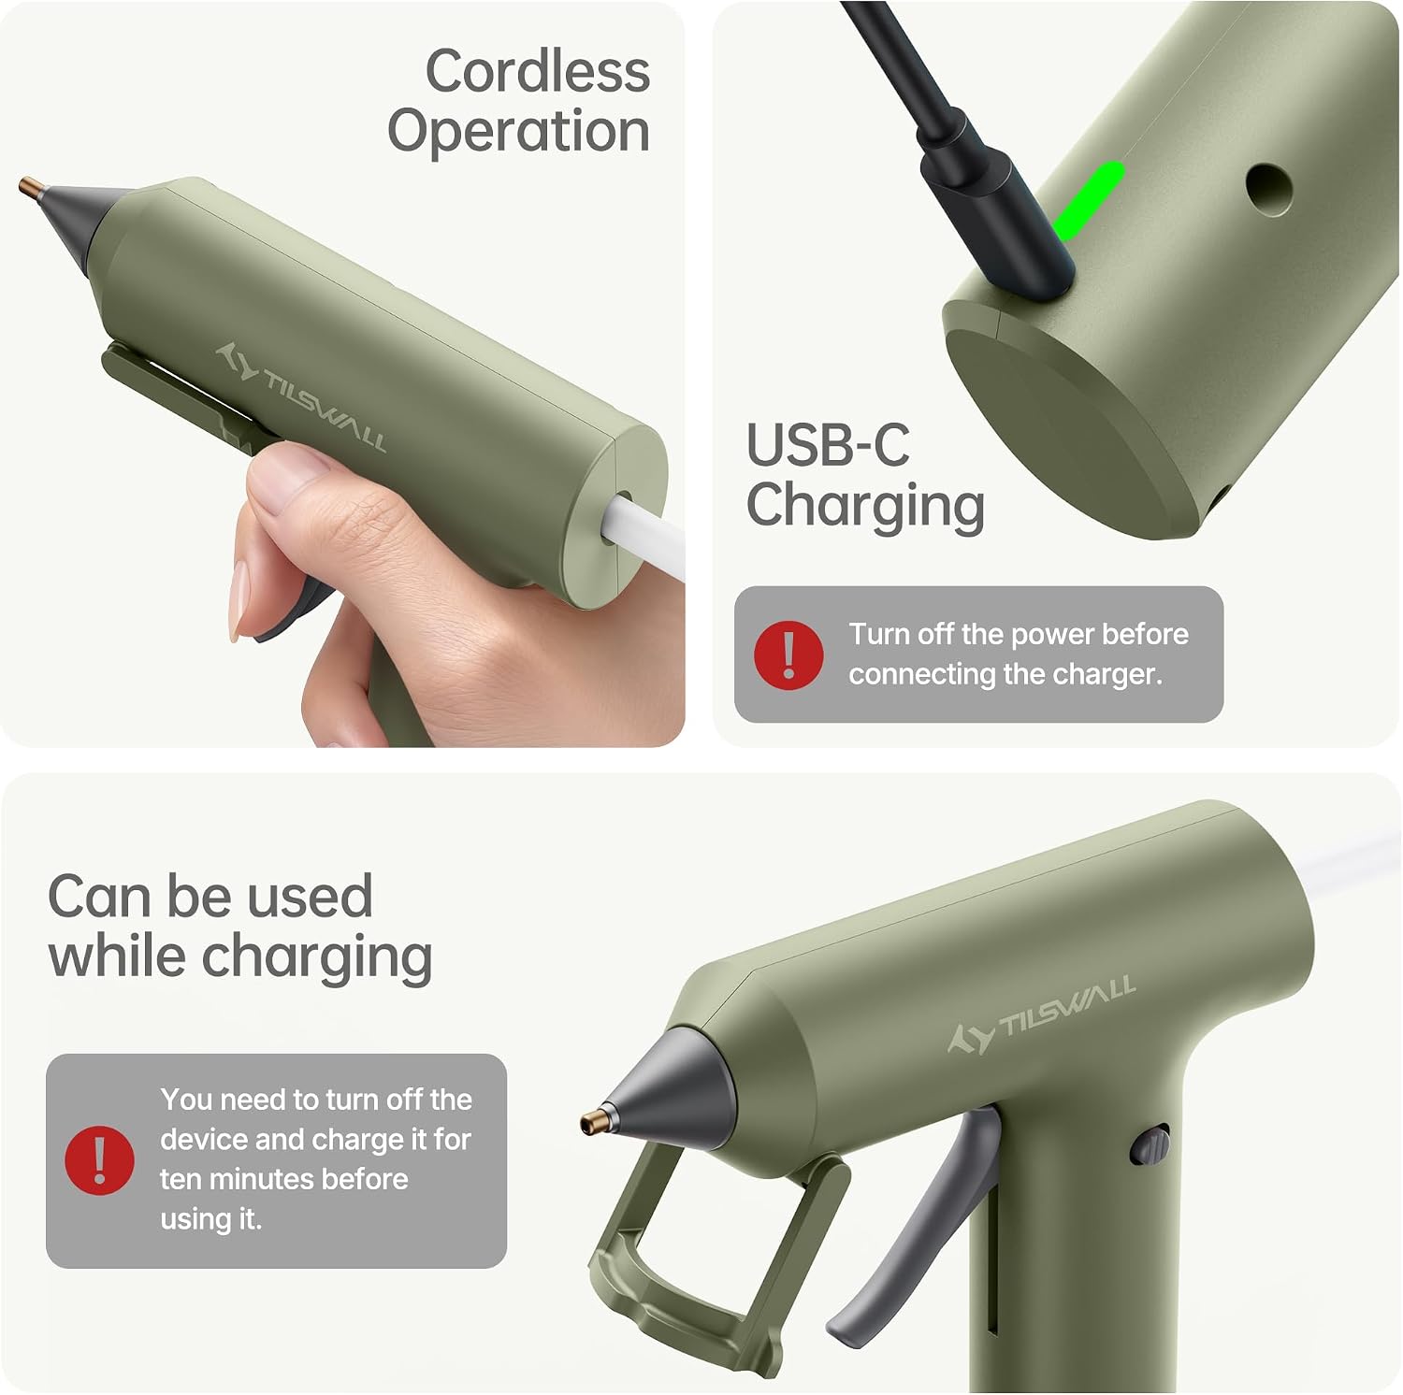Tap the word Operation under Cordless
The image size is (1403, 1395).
519,130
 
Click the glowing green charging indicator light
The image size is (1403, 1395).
1087,200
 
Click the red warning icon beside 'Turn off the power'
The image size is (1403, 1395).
788,654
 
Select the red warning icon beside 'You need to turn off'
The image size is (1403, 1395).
100,1160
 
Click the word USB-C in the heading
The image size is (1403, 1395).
827,445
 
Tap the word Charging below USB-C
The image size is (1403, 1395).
865,506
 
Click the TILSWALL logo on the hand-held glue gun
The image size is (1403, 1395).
301,397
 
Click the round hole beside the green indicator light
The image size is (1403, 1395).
1269,190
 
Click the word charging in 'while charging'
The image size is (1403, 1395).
316,959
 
